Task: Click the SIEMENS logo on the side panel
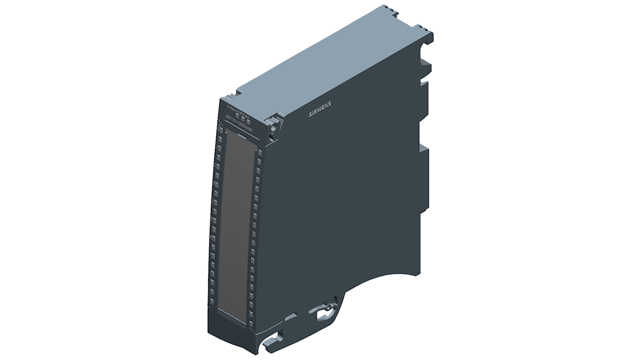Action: click(x=320, y=110)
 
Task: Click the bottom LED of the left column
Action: click(x=211, y=300)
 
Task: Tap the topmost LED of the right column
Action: click(x=260, y=151)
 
